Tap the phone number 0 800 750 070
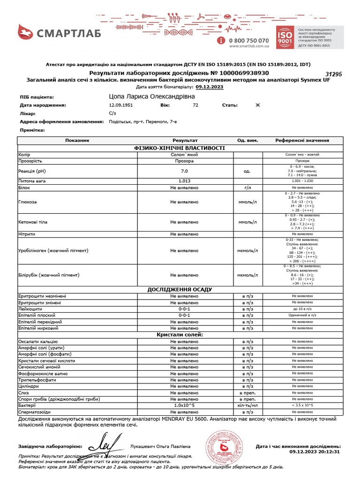pyautogui.click(x=248, y=41)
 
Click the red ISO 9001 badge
pyautogui.click(x=285, y=37)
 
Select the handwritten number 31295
pyautogui.click(x=334, y=74)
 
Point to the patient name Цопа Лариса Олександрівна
pyautogui.click(x=151, y=97)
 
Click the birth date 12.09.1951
pyautogui.click(x=120, y=105)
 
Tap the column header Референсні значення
pyautogui.click(x=302, y=140)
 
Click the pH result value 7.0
pyautogui.click(x=184, y=172)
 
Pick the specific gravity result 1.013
pyautogui.click(x=184, y=180)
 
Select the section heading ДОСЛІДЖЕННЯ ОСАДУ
pyautogui.click(x=180, y=289)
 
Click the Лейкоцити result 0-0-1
pyautogui.click(x=184, y=309)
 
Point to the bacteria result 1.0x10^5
pyautogui.click(x=184, y=405)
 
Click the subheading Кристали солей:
pyautogui.click(x=180, y=335)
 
